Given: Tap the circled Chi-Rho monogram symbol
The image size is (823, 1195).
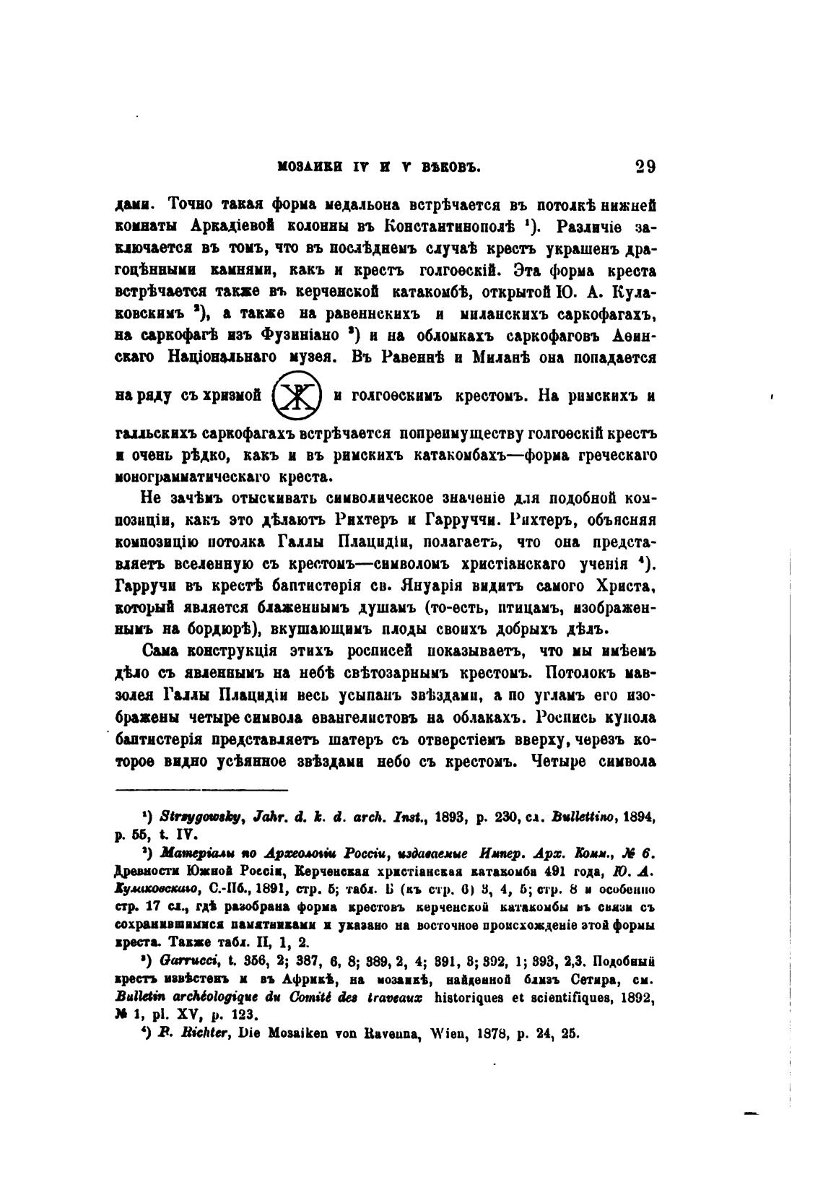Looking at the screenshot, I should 297,396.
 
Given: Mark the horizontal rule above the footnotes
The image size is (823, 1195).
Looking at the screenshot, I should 202,789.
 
